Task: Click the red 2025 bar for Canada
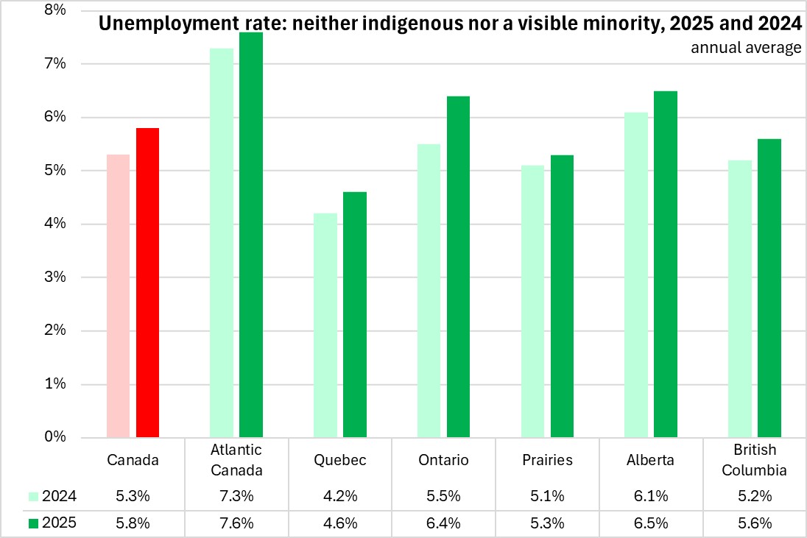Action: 147,283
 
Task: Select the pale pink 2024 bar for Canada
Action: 118,296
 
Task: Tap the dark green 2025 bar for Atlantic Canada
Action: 251,235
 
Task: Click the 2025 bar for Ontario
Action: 458,266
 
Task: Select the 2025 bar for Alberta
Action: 666,264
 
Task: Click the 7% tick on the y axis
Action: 56,64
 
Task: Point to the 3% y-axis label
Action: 56,277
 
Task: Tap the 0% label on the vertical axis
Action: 56,437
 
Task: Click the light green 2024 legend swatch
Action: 33,497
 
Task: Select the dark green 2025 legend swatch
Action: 33,523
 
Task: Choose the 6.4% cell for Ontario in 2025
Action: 443,523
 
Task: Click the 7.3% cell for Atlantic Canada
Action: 236,497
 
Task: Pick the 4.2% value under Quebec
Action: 339,497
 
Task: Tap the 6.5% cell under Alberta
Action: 651,523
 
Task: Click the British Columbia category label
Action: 755,459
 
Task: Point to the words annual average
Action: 746,49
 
